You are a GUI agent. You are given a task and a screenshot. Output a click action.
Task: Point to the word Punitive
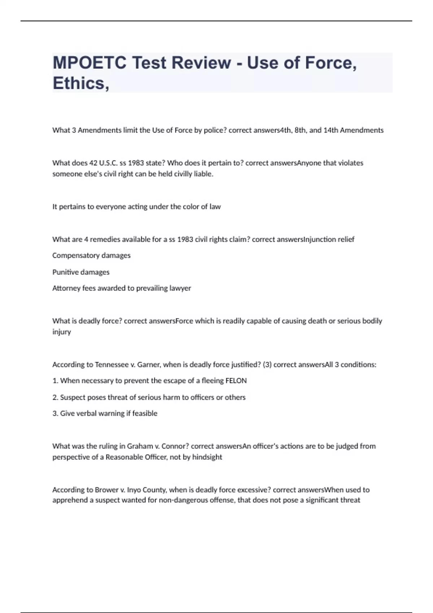[x=65, y=272]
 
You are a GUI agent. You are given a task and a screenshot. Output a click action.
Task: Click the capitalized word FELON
[x=236, y=381]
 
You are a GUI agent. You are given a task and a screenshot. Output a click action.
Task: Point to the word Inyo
[x=134, y=490]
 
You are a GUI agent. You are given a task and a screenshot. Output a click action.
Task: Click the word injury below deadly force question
[x=62, y=332]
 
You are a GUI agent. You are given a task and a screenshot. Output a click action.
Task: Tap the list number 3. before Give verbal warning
[x=55, y=413]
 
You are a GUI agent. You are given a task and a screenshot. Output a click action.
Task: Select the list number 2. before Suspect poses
[x=55, y=397]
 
